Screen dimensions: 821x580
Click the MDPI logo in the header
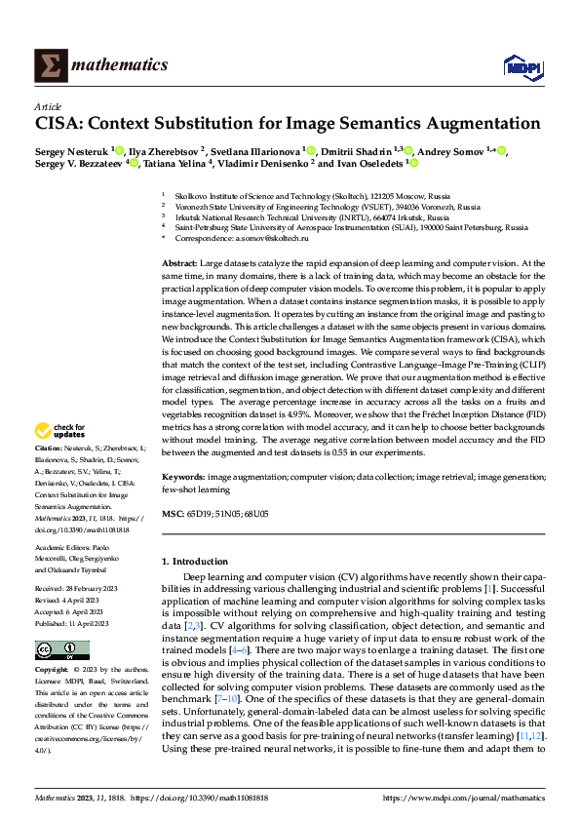522,65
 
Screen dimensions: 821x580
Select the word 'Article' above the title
48,106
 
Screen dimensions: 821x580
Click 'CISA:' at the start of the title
60,124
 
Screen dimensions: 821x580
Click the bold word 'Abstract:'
179,263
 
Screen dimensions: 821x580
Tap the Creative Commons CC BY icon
57,649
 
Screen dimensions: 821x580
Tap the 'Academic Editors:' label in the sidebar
63,548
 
